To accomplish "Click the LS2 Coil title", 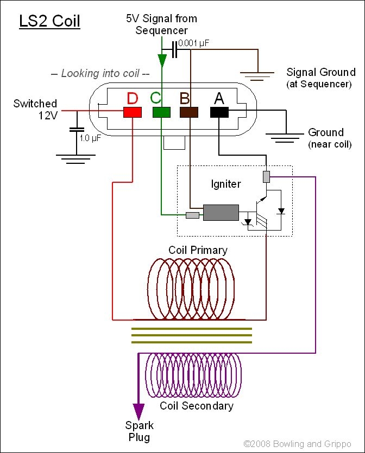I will [49, 21].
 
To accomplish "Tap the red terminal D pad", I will [133, 112].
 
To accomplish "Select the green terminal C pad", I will [161, 112].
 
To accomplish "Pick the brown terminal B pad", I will [190, 112].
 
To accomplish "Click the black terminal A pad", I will [219, 112].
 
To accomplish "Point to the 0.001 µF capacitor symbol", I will [174, 50].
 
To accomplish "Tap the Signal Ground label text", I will [320, 72].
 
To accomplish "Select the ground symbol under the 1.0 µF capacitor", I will [76, 159].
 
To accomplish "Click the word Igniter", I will [226, 184].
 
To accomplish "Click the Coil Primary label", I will [198, 250].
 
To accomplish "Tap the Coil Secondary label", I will [197, 406].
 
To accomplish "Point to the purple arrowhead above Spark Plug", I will [139, 410].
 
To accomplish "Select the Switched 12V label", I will [35, 109].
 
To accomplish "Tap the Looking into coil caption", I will [99, 74].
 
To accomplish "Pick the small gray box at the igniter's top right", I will [266, 176].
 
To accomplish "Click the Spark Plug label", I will [140, 431].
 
